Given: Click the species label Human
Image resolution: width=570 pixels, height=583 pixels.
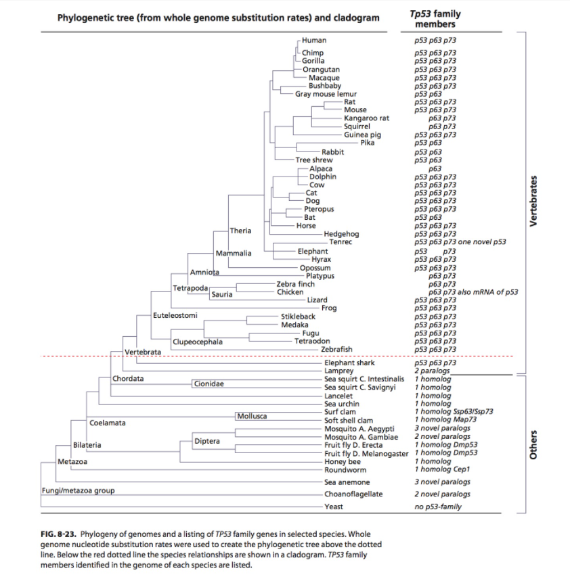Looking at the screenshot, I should pos(314,40).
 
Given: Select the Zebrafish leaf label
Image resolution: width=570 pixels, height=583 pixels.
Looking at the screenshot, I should pos(336,349).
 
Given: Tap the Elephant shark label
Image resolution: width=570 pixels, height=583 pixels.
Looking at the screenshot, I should pos(349,363).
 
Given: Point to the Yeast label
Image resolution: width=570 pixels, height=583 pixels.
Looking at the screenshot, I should pos(334,507).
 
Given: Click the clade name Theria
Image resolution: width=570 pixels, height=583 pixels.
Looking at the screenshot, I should pos(240,231).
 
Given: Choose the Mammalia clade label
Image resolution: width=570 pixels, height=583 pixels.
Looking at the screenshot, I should pos(234,253).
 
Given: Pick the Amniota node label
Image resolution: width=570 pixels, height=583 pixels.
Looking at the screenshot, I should pos(205,272).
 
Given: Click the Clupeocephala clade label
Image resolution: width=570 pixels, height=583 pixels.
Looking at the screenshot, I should pos(198,342).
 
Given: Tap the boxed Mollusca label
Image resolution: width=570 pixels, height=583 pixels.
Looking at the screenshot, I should pos(252,415).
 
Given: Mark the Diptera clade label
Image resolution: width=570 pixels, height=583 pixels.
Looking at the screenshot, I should pos(206,441).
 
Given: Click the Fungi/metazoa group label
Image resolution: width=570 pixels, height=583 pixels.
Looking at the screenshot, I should pos(78,490).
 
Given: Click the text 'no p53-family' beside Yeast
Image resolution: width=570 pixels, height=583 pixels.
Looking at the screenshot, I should pos(438,507).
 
